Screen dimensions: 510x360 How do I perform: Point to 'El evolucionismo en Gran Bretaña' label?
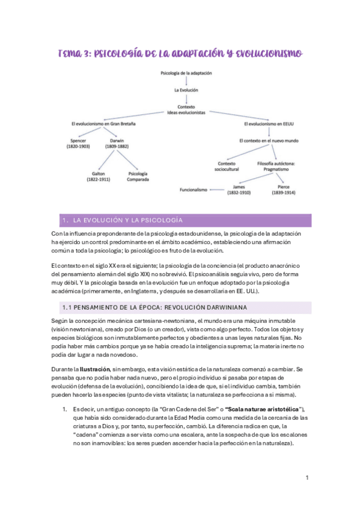pyautogui.click(x=103, y=124)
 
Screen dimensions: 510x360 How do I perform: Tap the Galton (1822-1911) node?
pyautogui.click(x=97, y=176)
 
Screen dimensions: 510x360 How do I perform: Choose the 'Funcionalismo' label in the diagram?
pyautogui.click(x=193, y=190)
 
